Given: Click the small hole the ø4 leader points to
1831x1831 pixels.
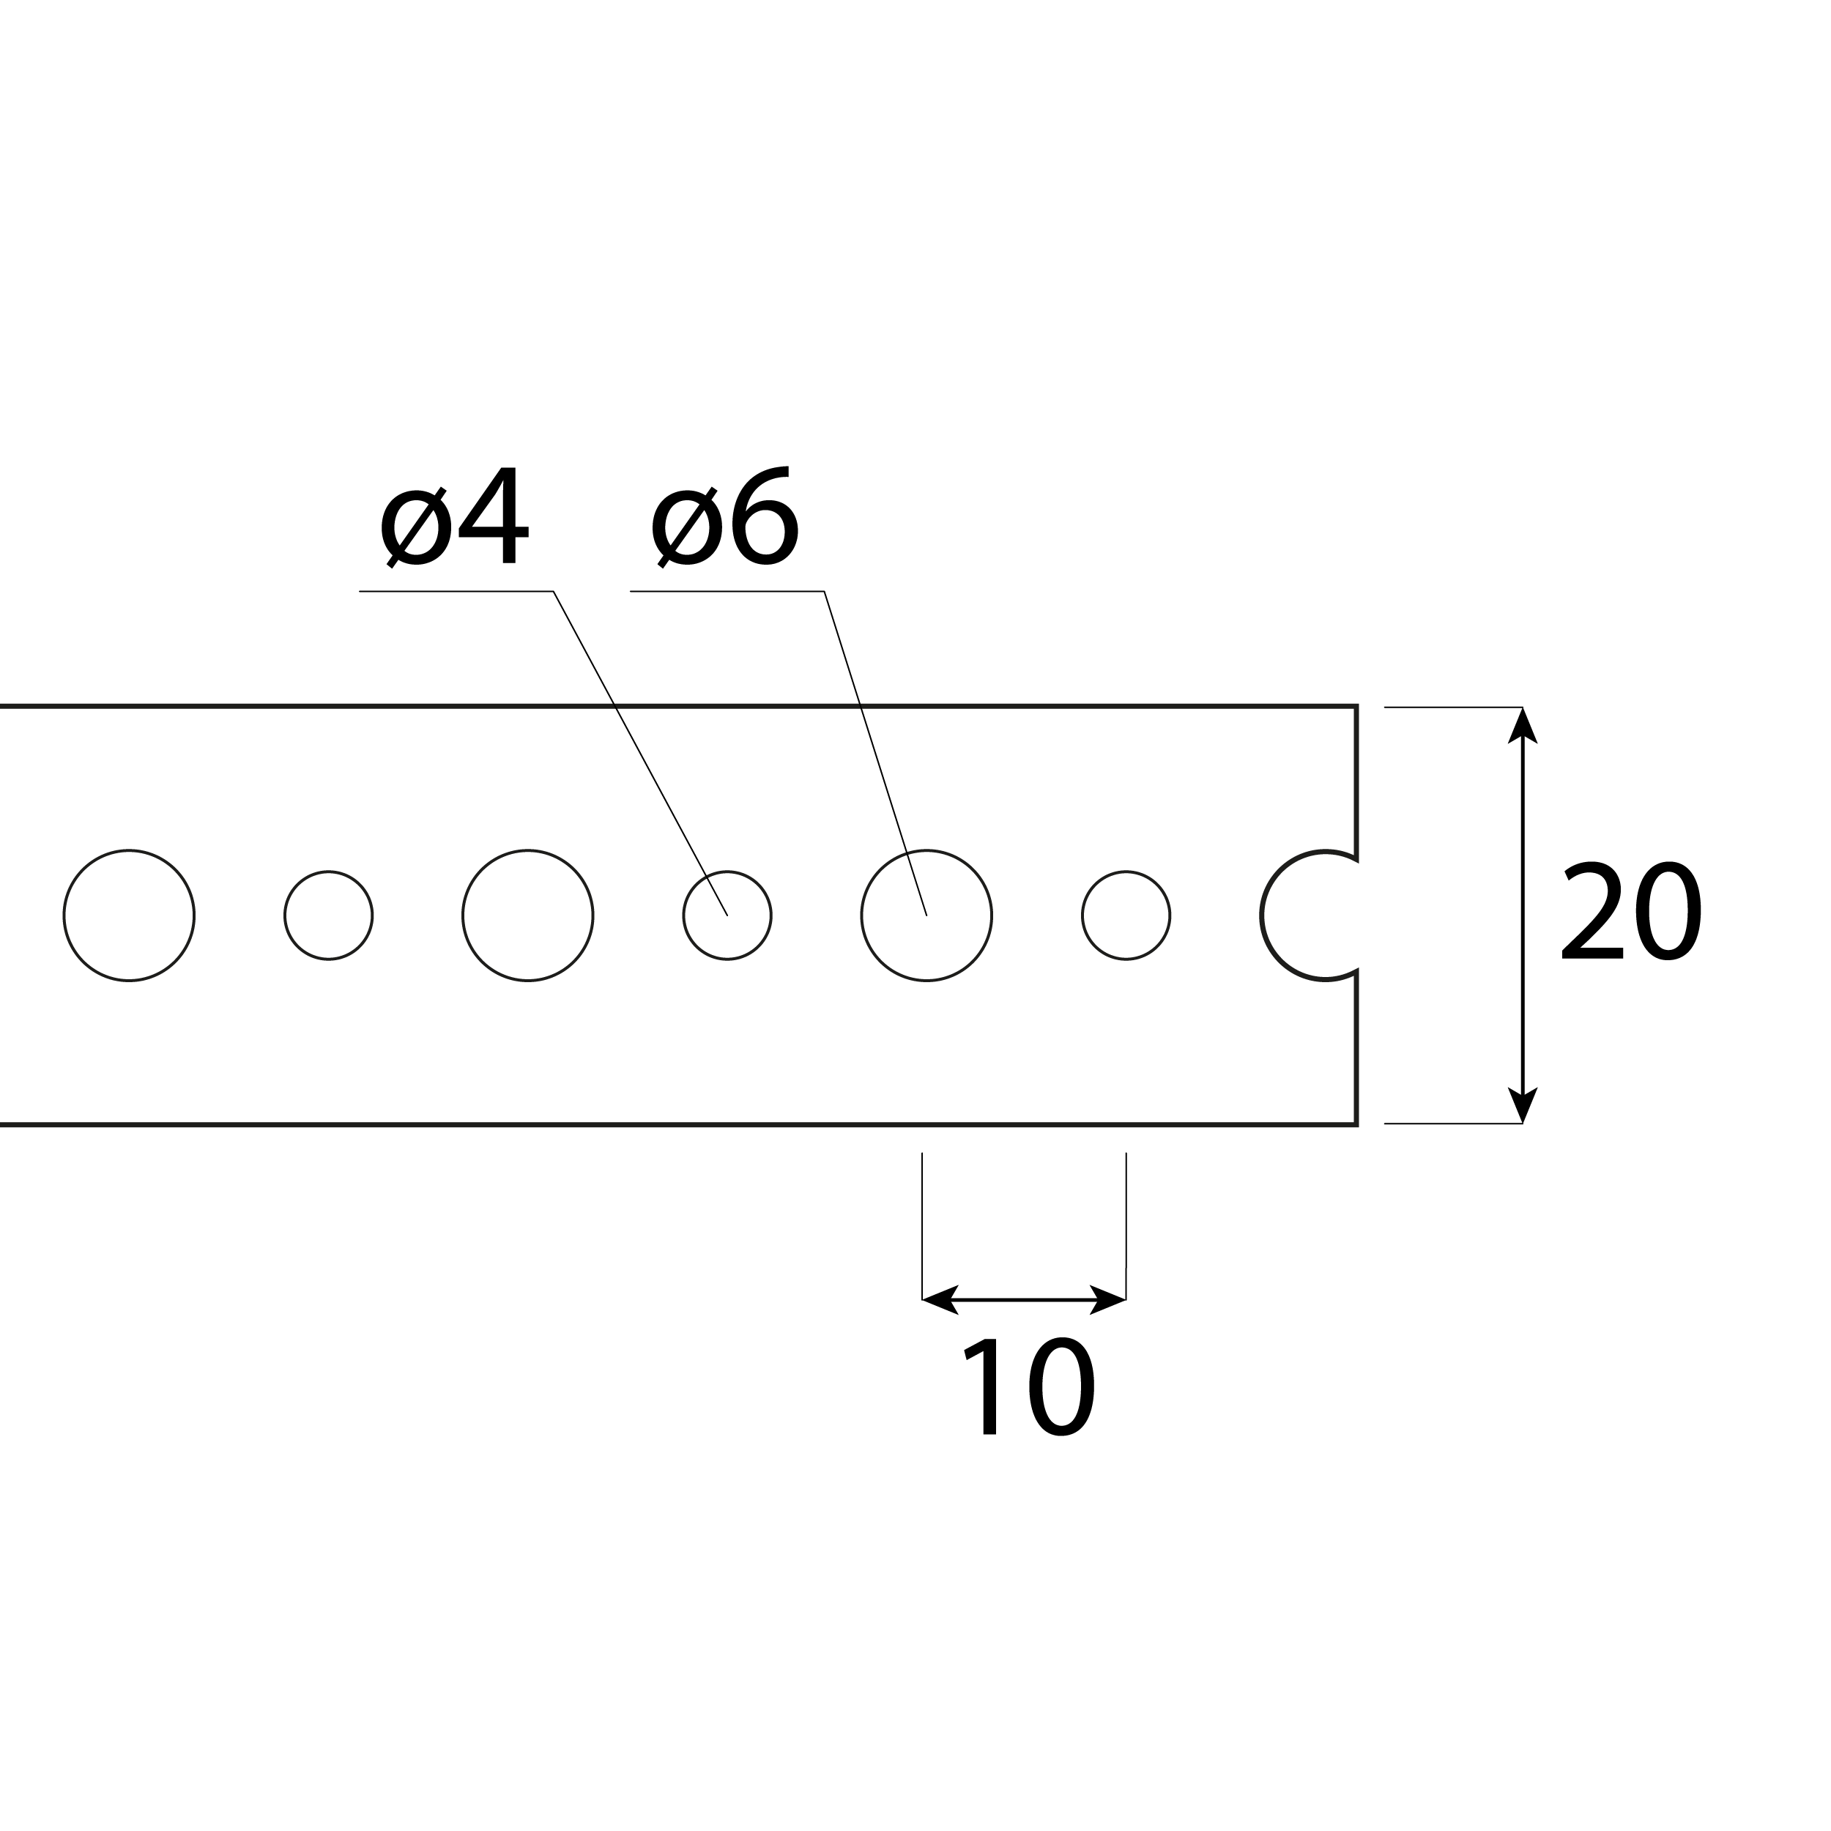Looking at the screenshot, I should [727, 916].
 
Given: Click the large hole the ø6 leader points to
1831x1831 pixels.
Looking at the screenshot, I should [926, 916].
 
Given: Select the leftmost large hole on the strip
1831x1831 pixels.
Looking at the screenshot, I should [129, 916].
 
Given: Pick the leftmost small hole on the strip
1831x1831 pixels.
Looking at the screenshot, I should [328, 916].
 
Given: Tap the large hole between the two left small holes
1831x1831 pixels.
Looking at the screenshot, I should [528, 916].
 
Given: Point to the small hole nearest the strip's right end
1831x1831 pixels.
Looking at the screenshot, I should [1126, 916].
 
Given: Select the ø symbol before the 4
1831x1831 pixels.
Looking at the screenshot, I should [416, 527].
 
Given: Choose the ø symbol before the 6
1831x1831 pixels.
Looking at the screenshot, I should [687, 527].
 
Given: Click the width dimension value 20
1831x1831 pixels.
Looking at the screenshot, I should [1631, 912].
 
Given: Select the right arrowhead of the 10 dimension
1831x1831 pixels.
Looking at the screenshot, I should [1108, 1299].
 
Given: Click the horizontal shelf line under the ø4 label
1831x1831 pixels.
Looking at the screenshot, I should [455, 591].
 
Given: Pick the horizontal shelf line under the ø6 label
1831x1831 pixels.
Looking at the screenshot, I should [726, 591].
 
